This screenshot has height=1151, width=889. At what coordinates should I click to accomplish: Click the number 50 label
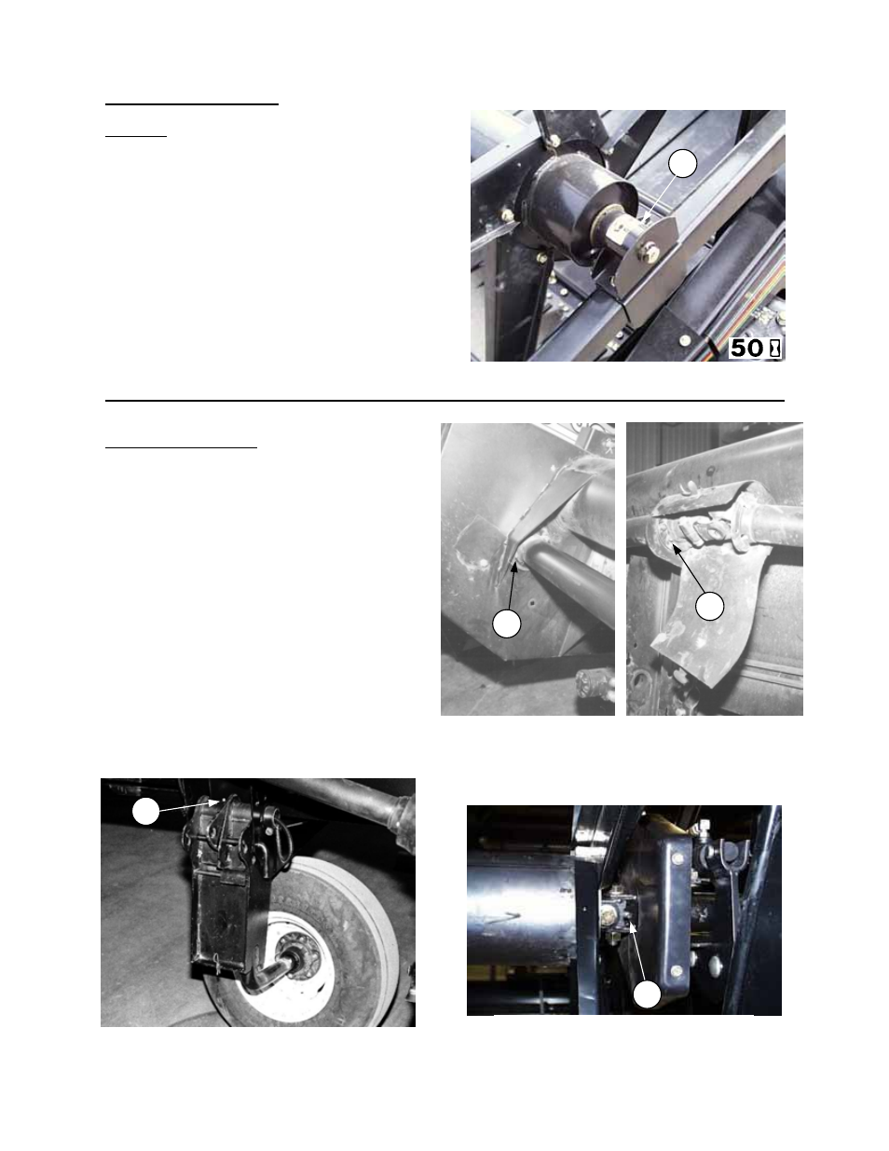pyautogui.click(x=745, y=349)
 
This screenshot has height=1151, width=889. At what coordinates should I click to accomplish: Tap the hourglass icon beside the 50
pyautogui.click(x=773, y=349)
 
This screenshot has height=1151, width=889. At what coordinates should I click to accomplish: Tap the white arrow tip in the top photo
pyautogui.click(x=645, y=222)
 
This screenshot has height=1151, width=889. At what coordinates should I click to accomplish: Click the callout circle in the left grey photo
pyautogui.click(x=506, y=623)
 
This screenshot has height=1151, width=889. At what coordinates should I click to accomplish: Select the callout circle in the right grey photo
pyautogui.click(x=709, y=606)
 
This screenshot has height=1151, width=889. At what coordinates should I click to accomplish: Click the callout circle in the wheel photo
pyautogui.click(x=144, y=812)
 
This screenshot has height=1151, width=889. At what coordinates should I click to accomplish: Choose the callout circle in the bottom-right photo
pyautogui.click(x=648, y=994)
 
